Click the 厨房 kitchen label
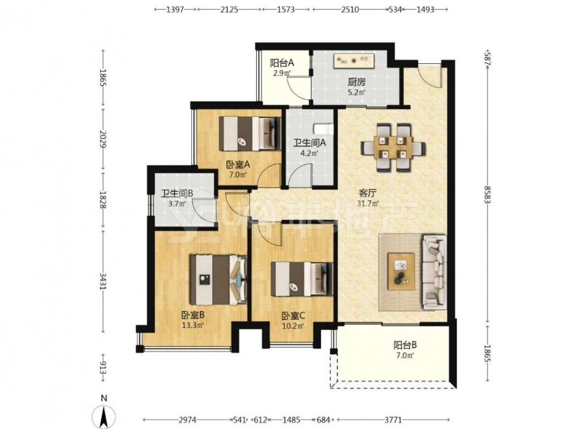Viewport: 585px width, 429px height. [x=357, y=82]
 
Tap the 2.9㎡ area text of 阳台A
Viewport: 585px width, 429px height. [x=282, y=73]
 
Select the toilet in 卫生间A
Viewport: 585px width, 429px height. [x=323, y=128]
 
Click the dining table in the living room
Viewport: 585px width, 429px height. [x=393, y=147]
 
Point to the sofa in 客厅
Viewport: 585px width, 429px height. [x=435, y=272]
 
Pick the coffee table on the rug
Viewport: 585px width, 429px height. [x=401, y=272]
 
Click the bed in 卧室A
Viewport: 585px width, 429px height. [x=250, y=133]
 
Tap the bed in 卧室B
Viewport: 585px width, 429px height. [x=219, y=279]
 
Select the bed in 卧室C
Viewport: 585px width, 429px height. [x=302, y=279]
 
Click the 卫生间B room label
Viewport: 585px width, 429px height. [x=177, y=193]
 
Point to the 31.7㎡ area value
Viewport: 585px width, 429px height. [x=368, y=204]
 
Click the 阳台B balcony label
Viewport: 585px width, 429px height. [x=405, y=345]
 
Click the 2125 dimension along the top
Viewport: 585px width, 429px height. [x=229, y=10]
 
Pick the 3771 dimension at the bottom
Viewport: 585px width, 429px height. [x=393, y=420]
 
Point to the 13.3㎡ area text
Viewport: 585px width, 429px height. [x=192, y=325]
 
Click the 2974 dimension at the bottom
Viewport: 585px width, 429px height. [x=188, y=420]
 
